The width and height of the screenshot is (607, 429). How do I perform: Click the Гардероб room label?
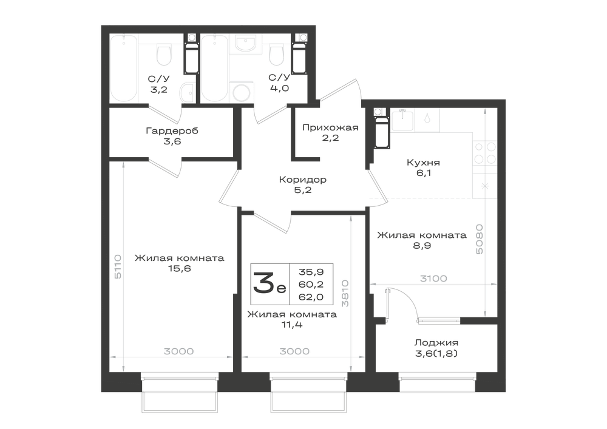pyautogui.click(x=172, y=130)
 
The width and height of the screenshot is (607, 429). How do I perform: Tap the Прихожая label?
pyautogui.click(x=330, y=127)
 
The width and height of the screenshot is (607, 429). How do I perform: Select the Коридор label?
pyautogui.click(x=303, y=180)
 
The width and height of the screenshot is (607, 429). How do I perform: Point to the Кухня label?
pyautogui.click(x=423, y=163)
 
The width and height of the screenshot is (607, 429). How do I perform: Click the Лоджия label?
pyautogui.click(x=436, y=342)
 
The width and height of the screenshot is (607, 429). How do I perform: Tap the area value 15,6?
pyautogui.click(x=179, y=268)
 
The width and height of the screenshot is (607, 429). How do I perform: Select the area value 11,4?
pyautogui.click(x=292, y=325)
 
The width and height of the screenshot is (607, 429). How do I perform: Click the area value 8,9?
pyautogui.click(x=422, y=246)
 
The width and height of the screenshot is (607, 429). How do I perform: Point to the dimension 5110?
pyautogui.click(x=118, y=266)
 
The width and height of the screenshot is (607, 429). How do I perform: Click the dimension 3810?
pyautogui.click(x=345, y=294)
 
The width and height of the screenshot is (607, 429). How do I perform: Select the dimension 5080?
pyautogui.click(x=480, y=239)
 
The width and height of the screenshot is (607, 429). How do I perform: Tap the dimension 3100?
pyautogui.click(x=433, y=279)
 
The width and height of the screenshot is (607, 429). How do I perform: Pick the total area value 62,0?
pyautogui.click(x=311, y=297)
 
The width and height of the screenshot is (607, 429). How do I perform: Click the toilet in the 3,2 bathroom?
pyautogui.click(x=164, y=55)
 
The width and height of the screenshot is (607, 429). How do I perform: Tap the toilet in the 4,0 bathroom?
pyautogui.click(x=276, y=55)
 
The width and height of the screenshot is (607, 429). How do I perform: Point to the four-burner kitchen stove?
pyautogui.click(x=485, y=152)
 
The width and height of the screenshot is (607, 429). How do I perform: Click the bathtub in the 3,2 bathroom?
pyautogui.click(x=124, y=68)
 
